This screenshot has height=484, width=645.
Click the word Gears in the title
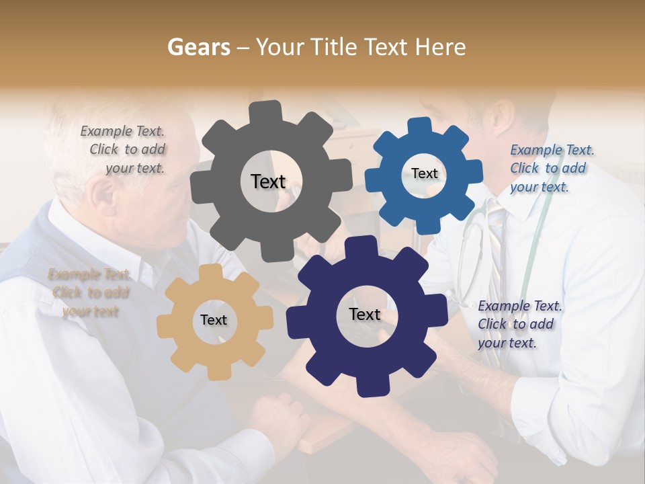pos(198,47)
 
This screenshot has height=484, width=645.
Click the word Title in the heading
pos(337,47)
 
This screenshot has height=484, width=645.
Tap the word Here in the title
pos(440,47)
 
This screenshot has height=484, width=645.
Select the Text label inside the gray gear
pos(268,182)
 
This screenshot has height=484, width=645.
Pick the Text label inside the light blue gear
pos(424,173)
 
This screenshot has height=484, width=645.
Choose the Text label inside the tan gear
pos(213,320)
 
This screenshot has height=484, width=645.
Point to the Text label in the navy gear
pos(365,314)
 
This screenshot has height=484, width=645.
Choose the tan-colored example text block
pos(89,292)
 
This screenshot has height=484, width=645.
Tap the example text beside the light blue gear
pos(551,168)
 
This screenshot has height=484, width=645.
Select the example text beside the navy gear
pos(519,324)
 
